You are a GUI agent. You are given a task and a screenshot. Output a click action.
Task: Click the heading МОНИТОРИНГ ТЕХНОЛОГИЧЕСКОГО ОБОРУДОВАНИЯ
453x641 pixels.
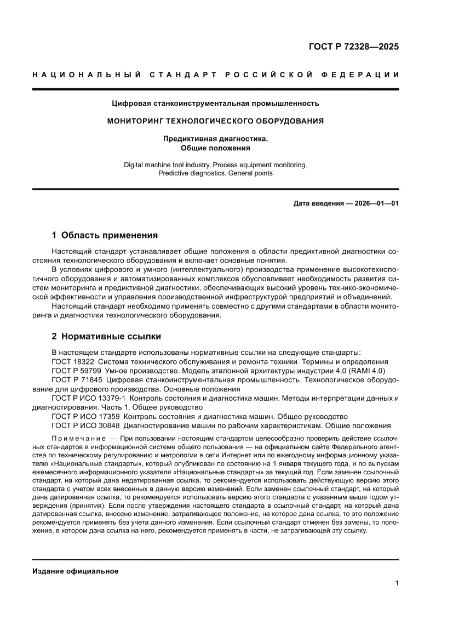click(215, 121)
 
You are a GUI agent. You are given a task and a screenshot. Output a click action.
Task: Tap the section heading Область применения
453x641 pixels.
click(110, 236)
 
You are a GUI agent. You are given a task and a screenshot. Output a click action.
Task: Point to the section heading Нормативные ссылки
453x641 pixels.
click(111, 336)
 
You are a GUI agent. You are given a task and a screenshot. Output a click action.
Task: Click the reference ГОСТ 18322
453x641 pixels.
click(73, 362)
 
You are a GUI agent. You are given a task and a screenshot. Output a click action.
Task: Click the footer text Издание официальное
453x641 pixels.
click(76, 571)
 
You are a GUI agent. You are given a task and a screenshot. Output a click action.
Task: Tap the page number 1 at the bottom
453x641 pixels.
click(397, 583)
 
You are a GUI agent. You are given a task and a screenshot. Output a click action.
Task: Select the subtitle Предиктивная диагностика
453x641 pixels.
click(215, 139)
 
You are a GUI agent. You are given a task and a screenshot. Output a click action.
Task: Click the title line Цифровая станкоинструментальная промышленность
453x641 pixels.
click(215, 103)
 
